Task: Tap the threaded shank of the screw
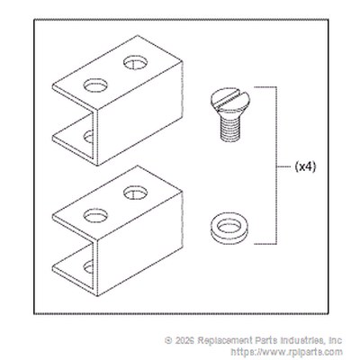(230, 128)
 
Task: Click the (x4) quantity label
(305, 166)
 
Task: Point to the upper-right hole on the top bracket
(135, 63)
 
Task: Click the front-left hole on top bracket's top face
(95, 85)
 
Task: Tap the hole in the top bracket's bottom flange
(89, 137)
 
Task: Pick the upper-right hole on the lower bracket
(135, 193)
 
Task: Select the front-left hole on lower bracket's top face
(95, 215)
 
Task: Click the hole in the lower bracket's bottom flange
(89, 267)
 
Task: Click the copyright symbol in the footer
(168, 340)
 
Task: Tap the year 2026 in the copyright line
(184, 340)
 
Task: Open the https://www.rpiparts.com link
(286, 352)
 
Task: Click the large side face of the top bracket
(139, 114)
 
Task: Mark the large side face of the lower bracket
(139, 244)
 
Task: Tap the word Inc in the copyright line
(336, 340)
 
